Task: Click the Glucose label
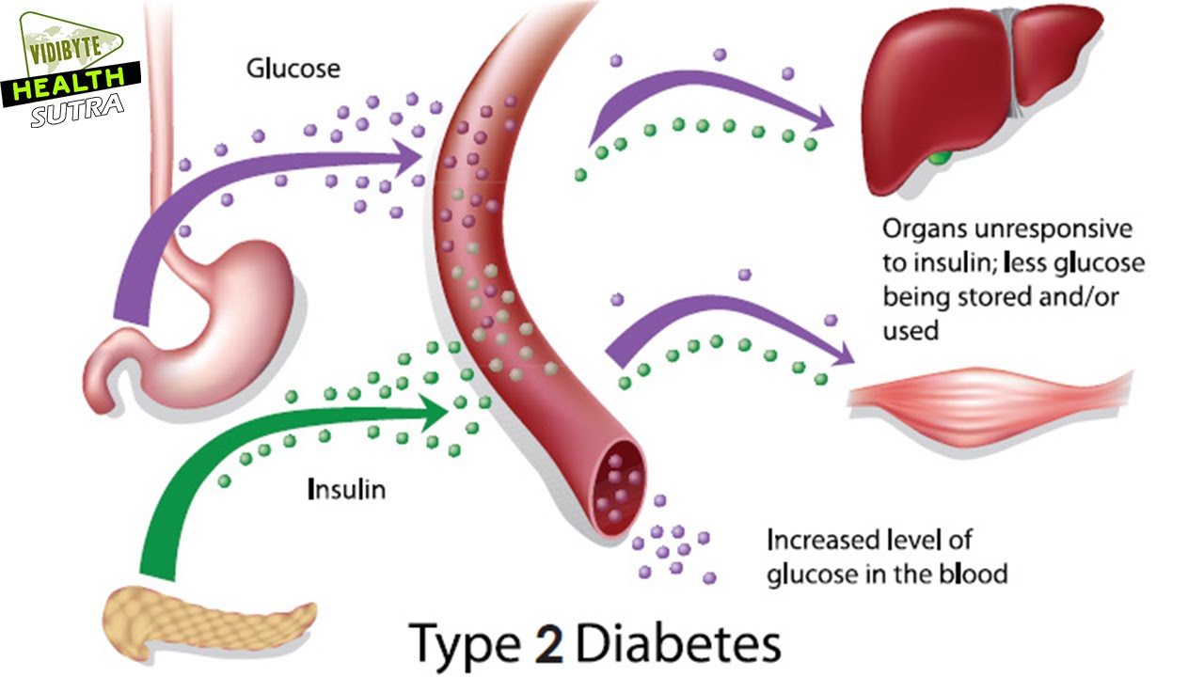[293, 69]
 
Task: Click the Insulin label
[346, 489]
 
